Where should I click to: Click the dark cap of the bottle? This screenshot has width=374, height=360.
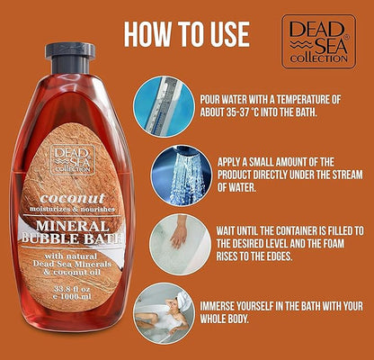click(x=70, y=58)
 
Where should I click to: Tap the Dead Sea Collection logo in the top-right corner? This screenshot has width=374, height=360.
click(x=318, y=41)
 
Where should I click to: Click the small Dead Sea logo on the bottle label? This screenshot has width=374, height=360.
click(x=73, y=159)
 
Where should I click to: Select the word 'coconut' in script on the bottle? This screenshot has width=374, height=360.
click(x=73, y=198)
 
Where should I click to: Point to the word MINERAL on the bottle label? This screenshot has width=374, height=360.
click(x=73, y=226)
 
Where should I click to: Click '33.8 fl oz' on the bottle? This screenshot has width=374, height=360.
click(x=72, y=290)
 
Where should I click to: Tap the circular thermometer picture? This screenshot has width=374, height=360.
click(x=164, y=106)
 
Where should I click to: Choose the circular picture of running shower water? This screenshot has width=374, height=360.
click(x=181, y=175)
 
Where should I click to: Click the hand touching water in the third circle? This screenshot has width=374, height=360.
click(x=180, y=232)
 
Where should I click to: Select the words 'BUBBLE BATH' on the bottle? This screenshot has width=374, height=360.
click(x=73, y=238)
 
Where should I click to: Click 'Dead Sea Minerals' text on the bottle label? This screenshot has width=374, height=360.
click(x=72, y=264)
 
